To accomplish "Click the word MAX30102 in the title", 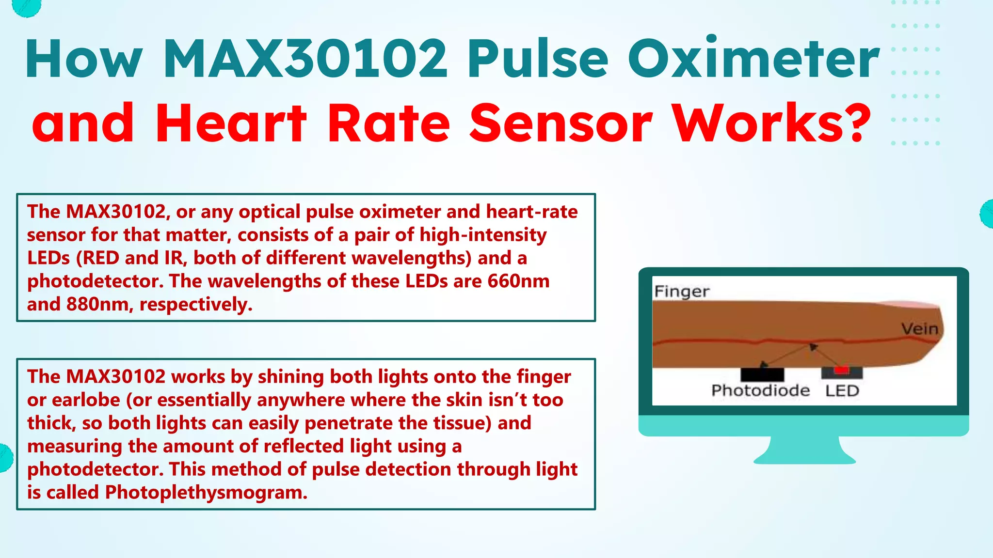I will click(305, 59).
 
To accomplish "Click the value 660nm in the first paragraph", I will click(518, 281).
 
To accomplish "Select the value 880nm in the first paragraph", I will click(99, 304).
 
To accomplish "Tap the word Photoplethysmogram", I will click(206, 492).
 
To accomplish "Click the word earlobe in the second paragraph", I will click(86, 400).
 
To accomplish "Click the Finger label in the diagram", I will click(682, 292).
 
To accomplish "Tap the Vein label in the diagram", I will click(919, 329).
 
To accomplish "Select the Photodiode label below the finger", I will click(760, 390).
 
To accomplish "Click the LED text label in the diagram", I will click(842, 390).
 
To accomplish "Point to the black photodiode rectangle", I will click(762, 374).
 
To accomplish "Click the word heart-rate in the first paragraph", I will click(532, 212).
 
